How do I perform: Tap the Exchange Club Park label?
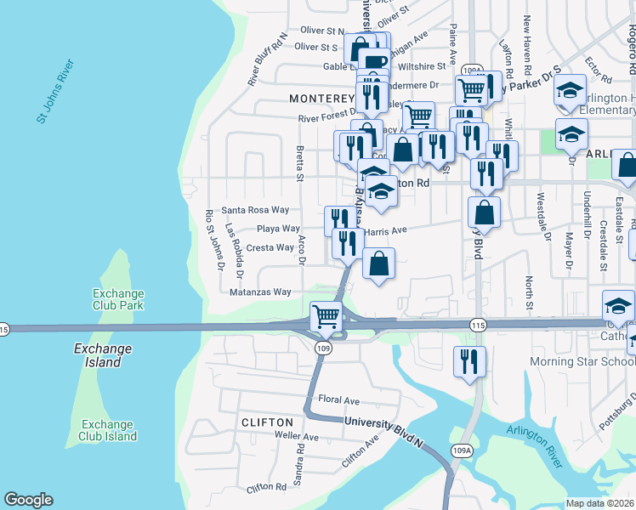tap(117, 299)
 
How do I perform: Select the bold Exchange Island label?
tap(103, 348)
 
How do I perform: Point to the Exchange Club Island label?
tap(109, 430)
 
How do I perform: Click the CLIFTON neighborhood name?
tap(267, 422)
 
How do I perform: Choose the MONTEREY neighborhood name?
tap(321, 99)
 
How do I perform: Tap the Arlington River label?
tap(534, 446)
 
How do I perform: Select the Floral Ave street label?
tap(338, 399)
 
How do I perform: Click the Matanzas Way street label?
tap(260, 292)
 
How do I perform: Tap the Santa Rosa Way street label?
tap(255, 210)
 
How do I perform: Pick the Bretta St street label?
tap(299, 157)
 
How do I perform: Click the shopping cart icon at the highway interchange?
tap(327, 316)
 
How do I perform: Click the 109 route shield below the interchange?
tap(322, 348)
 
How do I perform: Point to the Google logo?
tap(28, 500)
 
